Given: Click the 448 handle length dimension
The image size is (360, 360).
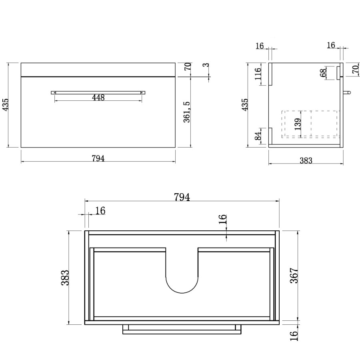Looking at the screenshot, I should (98, 98).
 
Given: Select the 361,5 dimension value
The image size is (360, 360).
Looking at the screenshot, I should (187, 118).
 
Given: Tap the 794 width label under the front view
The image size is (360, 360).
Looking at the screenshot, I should (98, 158).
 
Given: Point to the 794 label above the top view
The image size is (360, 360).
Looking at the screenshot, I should (182, 197).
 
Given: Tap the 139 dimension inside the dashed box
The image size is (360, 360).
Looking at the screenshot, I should (297, 125).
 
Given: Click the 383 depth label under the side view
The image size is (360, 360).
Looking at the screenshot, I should (306, 161).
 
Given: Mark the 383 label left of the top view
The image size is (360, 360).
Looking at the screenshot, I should (65, 278).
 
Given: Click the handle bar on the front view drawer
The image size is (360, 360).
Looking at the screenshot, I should (98, 92).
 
